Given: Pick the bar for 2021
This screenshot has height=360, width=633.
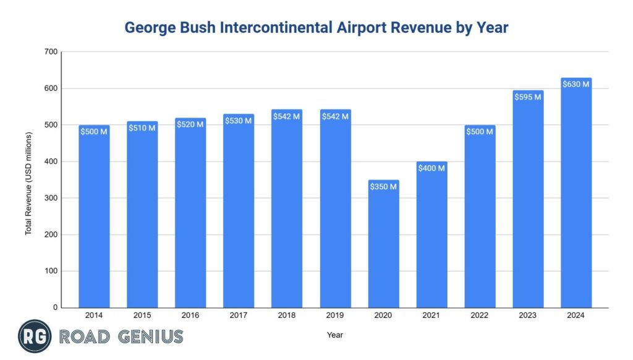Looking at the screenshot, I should point(432,234).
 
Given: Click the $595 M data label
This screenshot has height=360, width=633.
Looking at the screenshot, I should point(528,96).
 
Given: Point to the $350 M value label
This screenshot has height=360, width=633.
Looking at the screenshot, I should point(384,186).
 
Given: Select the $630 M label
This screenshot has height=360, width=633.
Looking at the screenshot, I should point(576,84).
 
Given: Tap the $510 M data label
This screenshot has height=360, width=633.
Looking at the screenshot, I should point(142,128).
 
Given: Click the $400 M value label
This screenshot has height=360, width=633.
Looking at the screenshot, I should point(432,168).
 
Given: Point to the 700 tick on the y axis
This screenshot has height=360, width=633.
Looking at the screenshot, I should point(51,52).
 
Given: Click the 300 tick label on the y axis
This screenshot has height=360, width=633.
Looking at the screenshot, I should point(51,198).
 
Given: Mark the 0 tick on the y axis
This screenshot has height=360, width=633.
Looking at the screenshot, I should point(55,307).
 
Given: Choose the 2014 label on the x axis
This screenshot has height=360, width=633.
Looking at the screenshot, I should point(94,315).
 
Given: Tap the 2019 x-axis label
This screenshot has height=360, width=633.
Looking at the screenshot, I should point(335,315).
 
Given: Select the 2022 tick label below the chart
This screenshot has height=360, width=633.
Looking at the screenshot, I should point(480,315).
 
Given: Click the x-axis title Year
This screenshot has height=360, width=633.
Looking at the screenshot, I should point(335,335).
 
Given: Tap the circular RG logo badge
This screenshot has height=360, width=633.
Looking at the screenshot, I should point(35,337).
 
